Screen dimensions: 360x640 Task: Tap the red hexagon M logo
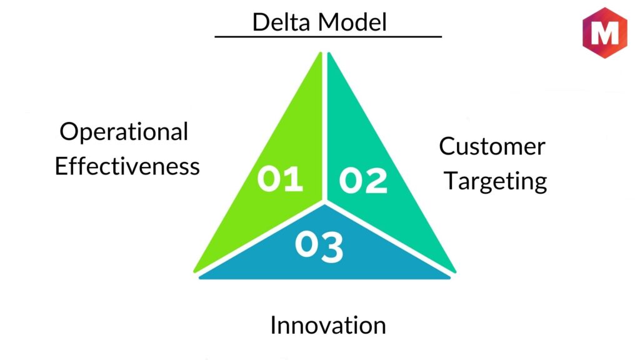[604, 32]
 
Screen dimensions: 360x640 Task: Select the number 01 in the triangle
[280, 179]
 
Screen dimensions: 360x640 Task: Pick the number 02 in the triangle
[363, 181]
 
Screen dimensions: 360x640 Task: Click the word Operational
[124, 132]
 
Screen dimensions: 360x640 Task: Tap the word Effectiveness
[127, 166]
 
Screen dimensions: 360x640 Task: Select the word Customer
[492, 147]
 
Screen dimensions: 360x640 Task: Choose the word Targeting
[496, 181]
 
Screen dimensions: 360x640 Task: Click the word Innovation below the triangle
[327, 326]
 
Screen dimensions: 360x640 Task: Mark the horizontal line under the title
[328, 37]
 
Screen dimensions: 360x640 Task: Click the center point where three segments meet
[324, 202]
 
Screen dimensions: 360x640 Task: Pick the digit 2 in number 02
[376, 181]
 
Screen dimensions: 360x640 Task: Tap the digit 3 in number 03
[331, 247]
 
